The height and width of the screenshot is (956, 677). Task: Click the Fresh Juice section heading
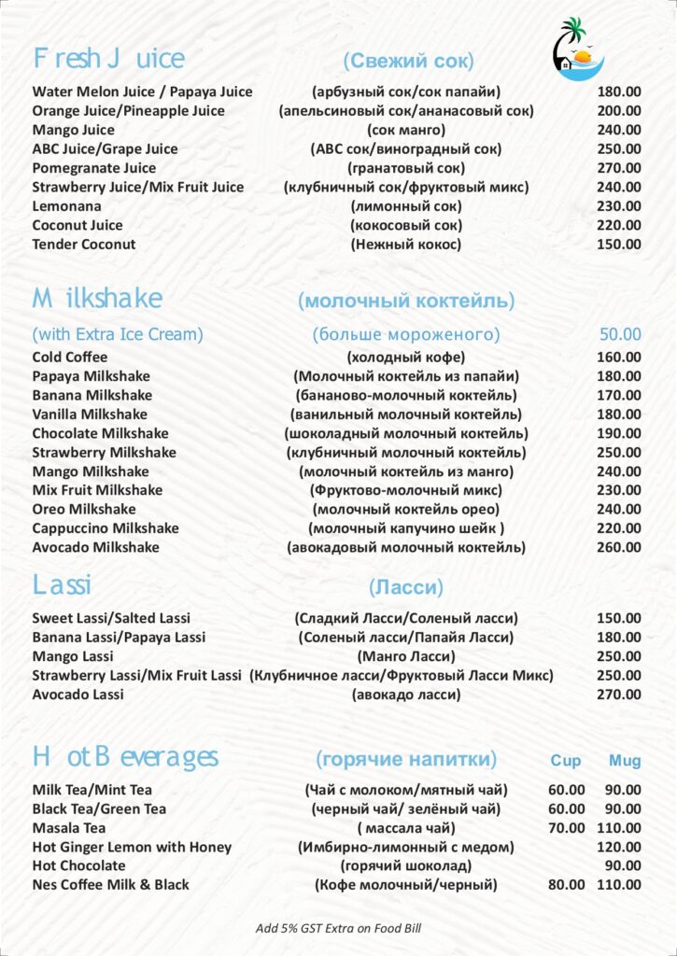click(x=108, y=59)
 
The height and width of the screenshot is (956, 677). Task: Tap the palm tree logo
click(x=577, y=49)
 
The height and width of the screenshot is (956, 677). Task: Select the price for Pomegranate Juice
click(x=619, y=168)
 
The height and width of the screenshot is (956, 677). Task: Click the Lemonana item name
click(x=67, y=206)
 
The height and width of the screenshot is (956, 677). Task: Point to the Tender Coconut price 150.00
click(x=619, y=245)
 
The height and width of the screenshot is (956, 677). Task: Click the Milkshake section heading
click(x=97, y=299)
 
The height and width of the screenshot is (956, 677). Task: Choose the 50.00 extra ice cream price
click(x=620, y=334)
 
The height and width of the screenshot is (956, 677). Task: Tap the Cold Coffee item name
click(x=70, y=358)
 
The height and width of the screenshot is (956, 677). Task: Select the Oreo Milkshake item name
click(x=84, y=510)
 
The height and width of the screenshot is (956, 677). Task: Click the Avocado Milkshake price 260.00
click(x=619, y=548)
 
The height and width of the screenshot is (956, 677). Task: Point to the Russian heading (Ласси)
click(x=406, y=588)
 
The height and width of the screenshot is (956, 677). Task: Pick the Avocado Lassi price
click(x=619, y=695)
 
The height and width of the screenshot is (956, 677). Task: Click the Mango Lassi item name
click(x=73, y=656)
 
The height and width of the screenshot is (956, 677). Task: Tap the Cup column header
click(x=566, y=761)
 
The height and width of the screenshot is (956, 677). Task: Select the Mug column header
click(x=625, y=761)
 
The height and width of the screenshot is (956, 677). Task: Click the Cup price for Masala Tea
click(x=567, y=828)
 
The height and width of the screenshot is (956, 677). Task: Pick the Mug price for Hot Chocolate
click(x=625, y=866)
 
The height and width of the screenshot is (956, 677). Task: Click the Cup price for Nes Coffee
click(x=567, y=885)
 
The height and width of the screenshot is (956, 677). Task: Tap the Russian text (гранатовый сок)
click(x=406, y=168)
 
